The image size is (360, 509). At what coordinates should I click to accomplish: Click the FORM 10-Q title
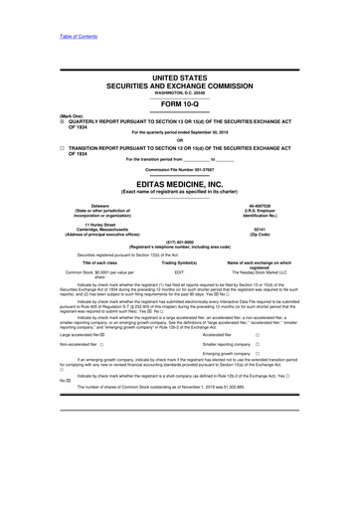click(179, 105)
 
